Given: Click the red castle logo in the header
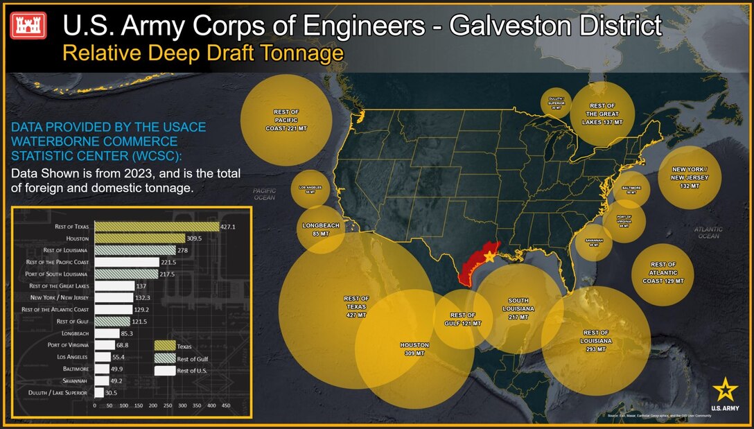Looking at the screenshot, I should coord(29,26).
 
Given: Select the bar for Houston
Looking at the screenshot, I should coord(140,238).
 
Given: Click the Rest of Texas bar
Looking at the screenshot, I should coord(157,226).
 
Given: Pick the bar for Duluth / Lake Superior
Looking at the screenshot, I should coord(99,393).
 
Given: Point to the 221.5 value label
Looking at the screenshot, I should coord(170,262).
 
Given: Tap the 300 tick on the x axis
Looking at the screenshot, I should coord(182,404).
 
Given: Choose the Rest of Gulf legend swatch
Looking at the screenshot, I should coord(165,358).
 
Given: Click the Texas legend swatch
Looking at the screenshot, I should coord(165,345).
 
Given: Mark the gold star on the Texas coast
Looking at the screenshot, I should coord(489,256).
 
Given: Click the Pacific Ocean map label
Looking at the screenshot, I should coord(264,194).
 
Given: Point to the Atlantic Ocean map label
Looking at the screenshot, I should coord(708,232).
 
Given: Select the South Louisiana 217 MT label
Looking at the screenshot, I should coord(519,308).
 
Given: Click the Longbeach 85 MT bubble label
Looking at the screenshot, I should coord(321,229).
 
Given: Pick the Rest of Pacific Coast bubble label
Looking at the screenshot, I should coord(286,120).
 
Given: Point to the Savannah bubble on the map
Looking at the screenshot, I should coord(594,243).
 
